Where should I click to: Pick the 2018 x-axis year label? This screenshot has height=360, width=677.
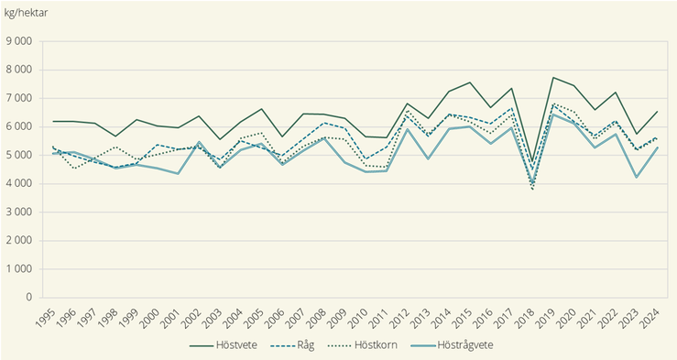click(x=530, y=316)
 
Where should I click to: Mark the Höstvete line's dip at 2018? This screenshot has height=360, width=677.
click(x=533, y=163)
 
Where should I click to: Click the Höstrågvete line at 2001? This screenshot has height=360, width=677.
click(x=177, y=174)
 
